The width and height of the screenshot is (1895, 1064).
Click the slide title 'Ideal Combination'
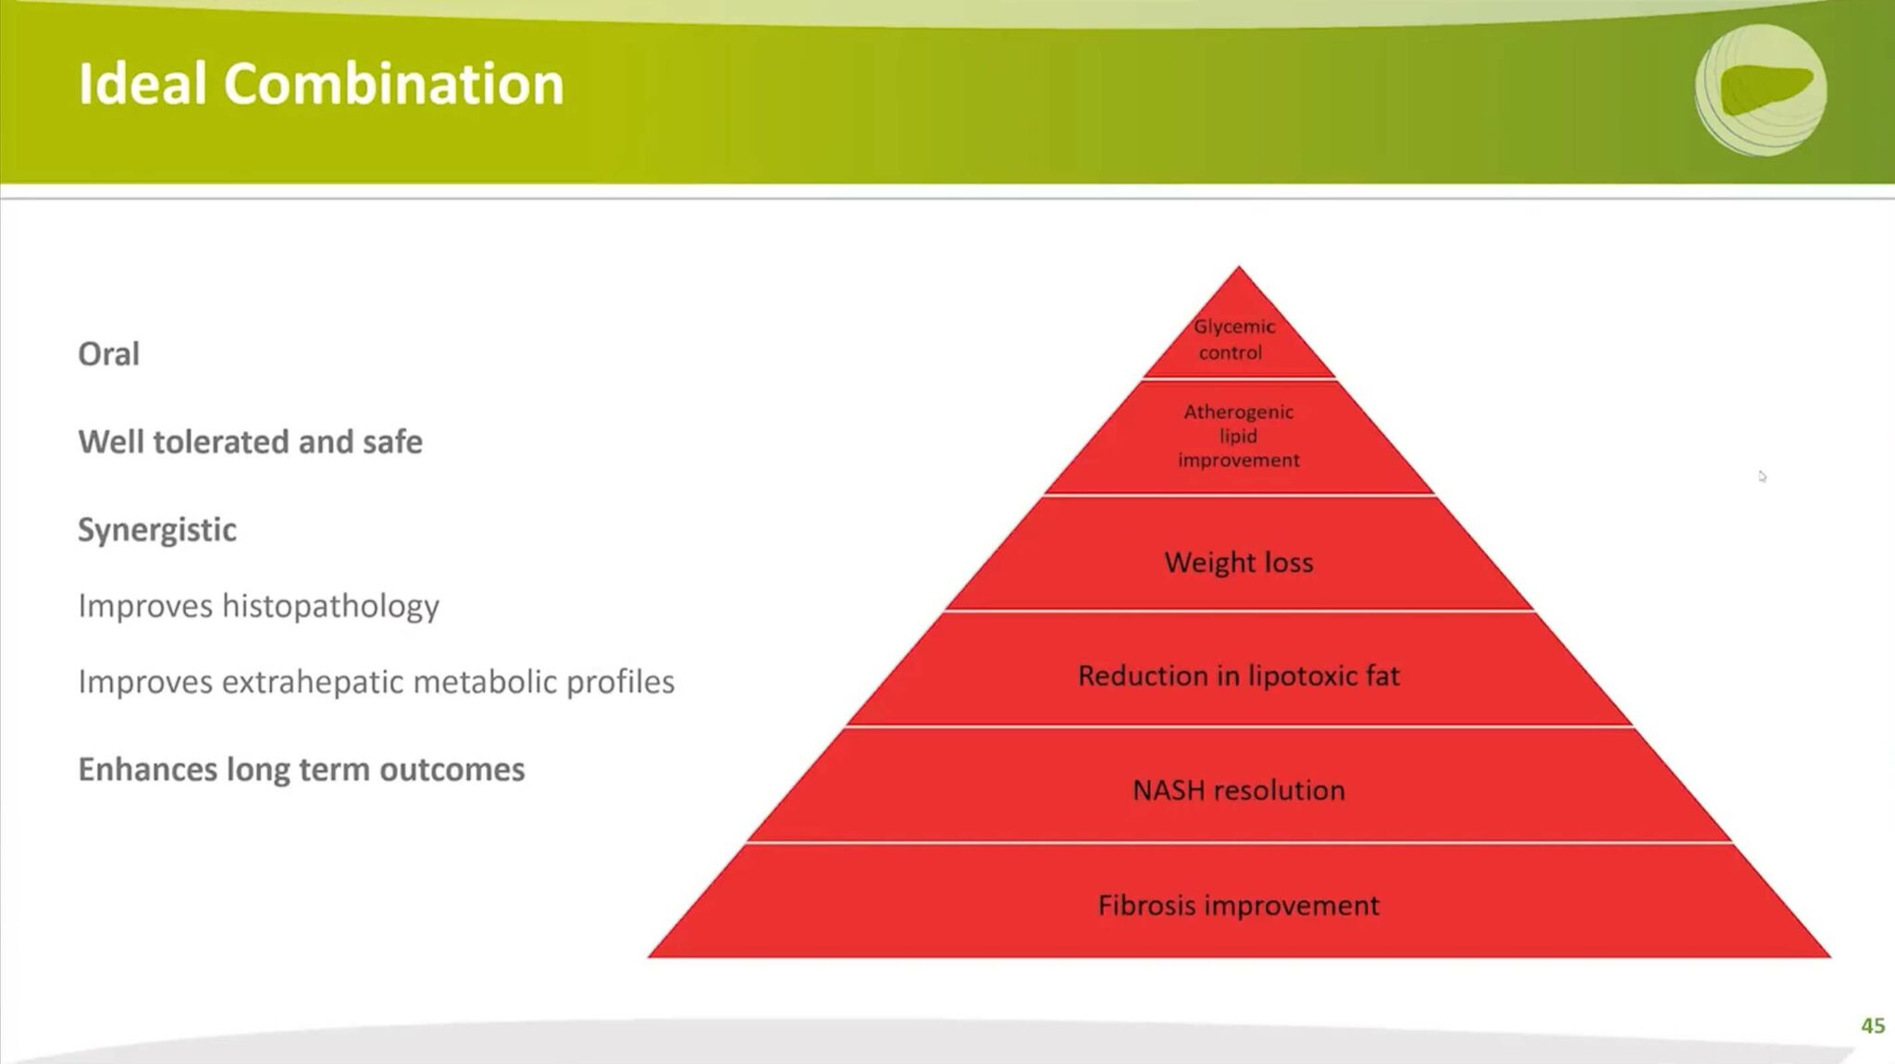(x=321, y=84)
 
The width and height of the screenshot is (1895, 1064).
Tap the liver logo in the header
(x=1761, y=89)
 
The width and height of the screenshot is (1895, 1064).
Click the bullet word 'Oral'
(x=108, y=353)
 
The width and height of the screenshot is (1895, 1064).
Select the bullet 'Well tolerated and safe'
(x=250, y=442)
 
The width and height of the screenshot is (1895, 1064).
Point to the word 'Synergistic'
(x=157, y=530)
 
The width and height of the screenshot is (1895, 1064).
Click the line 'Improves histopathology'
(x=258, y=606)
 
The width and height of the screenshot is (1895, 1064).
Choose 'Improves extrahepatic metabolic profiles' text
(x=376, y=682)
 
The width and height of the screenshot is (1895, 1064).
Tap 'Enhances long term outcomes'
(x=301, y=770)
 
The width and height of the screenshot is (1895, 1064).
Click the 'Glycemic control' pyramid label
(x=1233, y=339)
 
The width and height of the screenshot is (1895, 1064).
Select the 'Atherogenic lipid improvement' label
(x=1238, y=435)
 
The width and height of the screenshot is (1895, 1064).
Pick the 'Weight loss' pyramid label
(x=1238, y=562)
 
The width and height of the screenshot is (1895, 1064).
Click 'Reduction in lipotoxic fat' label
(x=1238, y=675)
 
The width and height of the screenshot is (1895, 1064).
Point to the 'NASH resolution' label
(x=1238, y=789)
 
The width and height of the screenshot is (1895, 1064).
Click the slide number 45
(x=1873, y=1025)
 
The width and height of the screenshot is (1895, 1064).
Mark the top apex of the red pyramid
(x=1239, y=266)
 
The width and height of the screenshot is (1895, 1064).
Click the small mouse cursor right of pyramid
(x=1762, y=476)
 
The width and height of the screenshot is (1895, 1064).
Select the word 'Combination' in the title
(x=393, y=84)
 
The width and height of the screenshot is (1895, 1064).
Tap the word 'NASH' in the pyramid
(x=1169, y=789)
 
